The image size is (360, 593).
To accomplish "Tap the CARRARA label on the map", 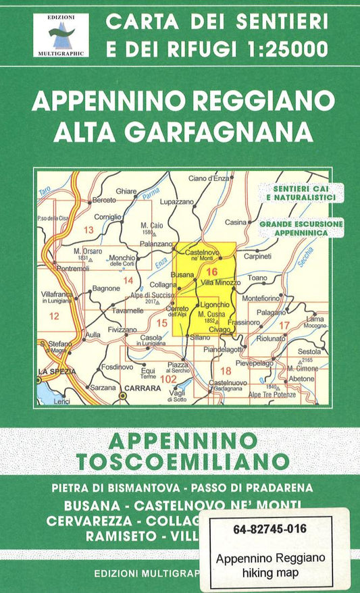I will click(141, 388).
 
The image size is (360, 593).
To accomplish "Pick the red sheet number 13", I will click(88, 230).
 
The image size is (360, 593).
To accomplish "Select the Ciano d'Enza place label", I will click(210, 178).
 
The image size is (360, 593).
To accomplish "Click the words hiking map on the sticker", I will click(271, 570).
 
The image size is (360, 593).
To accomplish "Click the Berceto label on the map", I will click(105, 201).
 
